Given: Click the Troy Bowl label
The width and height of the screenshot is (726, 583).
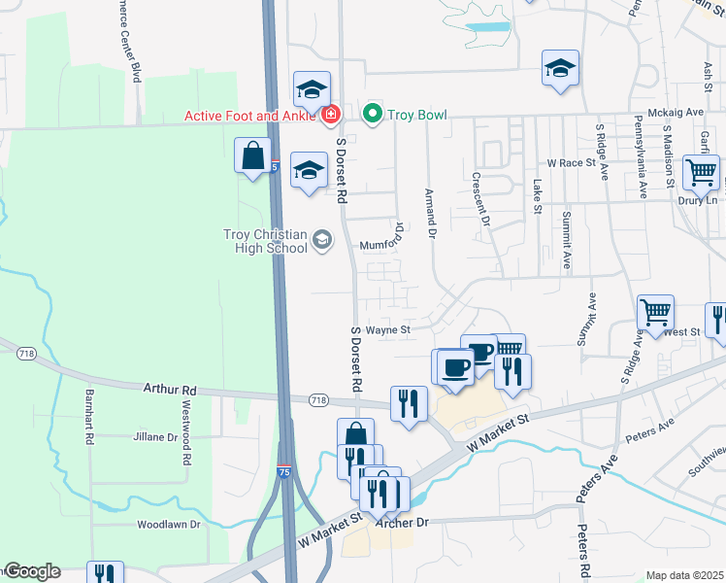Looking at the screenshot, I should coord(417,115).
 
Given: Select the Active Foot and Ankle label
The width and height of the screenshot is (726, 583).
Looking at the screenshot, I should coord(250,116).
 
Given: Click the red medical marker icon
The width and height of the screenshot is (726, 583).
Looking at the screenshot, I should coord(331,115).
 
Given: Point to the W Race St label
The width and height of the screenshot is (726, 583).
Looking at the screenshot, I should coord(571,163).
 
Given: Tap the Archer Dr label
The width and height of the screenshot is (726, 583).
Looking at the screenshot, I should coord(408,522).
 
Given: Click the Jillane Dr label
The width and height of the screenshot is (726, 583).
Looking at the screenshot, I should coord(156,437).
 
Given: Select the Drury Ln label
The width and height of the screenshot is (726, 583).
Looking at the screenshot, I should coord(699,200).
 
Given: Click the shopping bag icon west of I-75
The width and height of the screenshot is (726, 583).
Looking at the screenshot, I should coord(252,155).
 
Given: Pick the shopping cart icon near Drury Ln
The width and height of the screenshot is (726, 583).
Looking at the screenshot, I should coord(701,172).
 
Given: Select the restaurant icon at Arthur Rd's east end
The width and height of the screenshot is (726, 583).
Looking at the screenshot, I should coord(409,402).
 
